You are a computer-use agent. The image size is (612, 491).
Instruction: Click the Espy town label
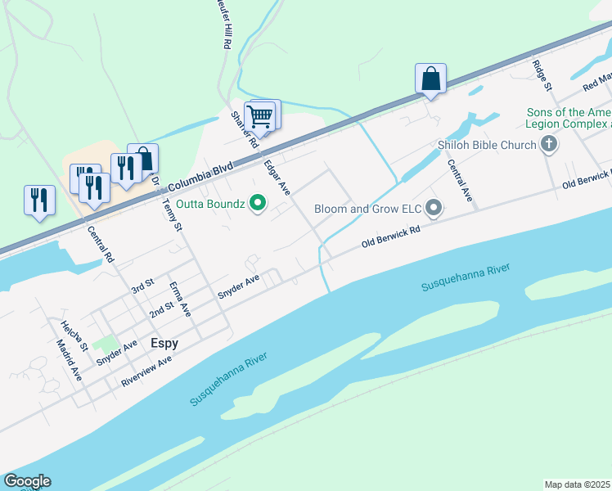click(x=164, y=344)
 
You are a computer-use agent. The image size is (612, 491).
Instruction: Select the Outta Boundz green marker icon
click(x=258, y=202)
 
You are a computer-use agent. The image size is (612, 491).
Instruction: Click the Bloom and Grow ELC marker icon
click(x=434, y=209)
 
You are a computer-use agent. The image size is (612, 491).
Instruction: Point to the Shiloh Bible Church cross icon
click(x=549, y=146)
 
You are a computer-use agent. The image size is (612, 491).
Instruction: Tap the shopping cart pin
click(x=260, y=117)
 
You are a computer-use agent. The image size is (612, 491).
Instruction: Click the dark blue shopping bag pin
click(x=430, y=79)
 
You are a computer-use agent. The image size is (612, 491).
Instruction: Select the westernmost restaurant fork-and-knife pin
click(x=39, y=200)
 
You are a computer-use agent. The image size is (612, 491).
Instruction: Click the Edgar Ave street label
click(x=277, y=177)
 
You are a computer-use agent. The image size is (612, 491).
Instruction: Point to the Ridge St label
click(x=542, y=74)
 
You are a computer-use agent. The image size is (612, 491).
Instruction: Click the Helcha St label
click(x=73, y=335)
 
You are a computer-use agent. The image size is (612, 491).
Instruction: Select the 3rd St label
click(x=142, y=286)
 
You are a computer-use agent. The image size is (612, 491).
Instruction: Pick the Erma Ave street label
click(x=179, y=300)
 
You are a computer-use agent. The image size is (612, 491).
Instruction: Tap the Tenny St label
click(x=171, y=215)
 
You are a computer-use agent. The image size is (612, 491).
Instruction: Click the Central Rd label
click(x=101, y=244)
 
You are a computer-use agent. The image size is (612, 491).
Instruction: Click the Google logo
click(x=27, y=481)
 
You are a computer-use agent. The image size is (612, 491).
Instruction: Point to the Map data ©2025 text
click(x=577, y=484)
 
